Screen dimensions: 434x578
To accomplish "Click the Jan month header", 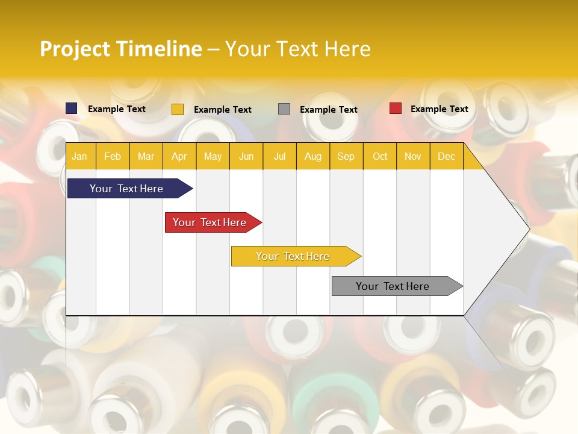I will click(x=79, y=156).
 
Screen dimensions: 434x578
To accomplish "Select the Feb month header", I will click(x=113, y=156).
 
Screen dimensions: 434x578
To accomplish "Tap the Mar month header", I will click(x=146, y=156).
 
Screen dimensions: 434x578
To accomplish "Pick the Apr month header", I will click(x=179, y=156).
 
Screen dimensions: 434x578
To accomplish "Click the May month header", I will click(x=213, y=156).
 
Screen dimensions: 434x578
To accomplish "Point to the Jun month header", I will click(x=246, y=156).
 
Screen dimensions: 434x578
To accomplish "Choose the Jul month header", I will click(x=279, y=156).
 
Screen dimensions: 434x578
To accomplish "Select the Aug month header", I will click(x=312, y=156).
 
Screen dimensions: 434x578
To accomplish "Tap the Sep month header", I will click(x=346, y=156).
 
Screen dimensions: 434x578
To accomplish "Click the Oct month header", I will click(x=380, y=156).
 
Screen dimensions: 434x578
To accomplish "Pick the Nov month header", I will click(x=412, y=156).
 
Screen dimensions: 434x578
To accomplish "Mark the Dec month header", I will click(x=446, y=156).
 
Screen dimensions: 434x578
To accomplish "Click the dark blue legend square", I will click(x=72, y=108).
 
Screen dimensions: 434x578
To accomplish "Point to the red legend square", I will click(x=396, y=108).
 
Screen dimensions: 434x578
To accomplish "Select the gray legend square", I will click(x=284, y=109).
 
